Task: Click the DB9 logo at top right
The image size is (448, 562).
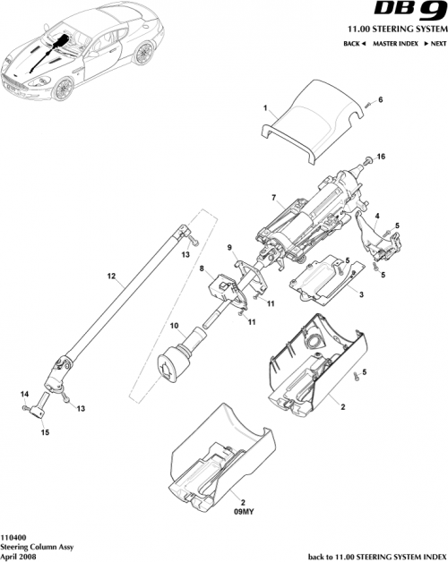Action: (405, 13)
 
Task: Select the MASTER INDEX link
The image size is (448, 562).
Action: (393, 44)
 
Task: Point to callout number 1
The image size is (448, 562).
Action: (265, 107)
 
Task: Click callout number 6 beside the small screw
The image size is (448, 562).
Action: (379, 100)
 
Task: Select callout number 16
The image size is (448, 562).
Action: (381, 157)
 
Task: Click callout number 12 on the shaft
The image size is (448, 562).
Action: (111, 277)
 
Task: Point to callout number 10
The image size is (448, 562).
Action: (175, 326)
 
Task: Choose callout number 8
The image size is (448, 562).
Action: (202, 268)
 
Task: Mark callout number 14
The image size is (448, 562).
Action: (23, 394)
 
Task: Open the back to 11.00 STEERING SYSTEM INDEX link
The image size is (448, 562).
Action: (375, 555)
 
